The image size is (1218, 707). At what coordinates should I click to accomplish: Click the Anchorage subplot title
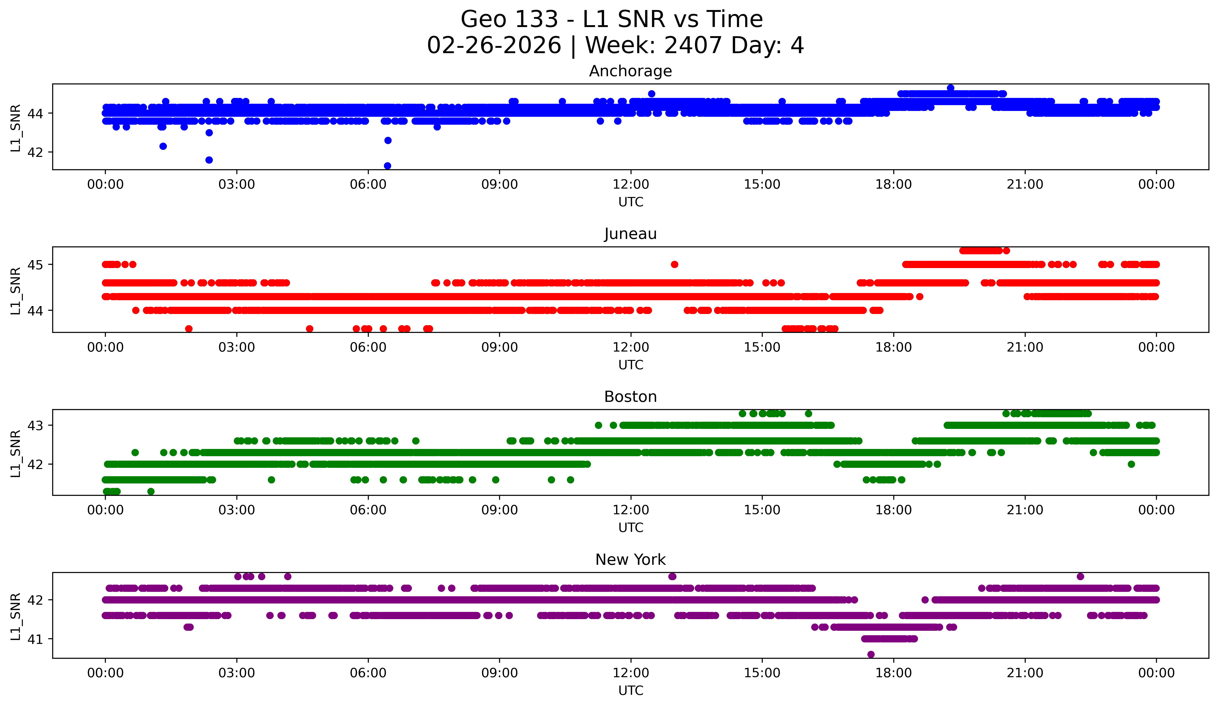point(630,71)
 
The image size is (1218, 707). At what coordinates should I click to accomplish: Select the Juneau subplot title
point(630,234)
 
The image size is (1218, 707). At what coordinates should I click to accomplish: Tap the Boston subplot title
point(630,397)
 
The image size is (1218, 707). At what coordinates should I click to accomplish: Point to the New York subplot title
point(630,560)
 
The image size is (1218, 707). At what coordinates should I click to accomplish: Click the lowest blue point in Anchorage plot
point(387,166)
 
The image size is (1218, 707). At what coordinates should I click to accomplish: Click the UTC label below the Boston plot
point(631,528)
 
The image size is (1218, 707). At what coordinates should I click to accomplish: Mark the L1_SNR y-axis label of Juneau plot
point(15,290)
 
